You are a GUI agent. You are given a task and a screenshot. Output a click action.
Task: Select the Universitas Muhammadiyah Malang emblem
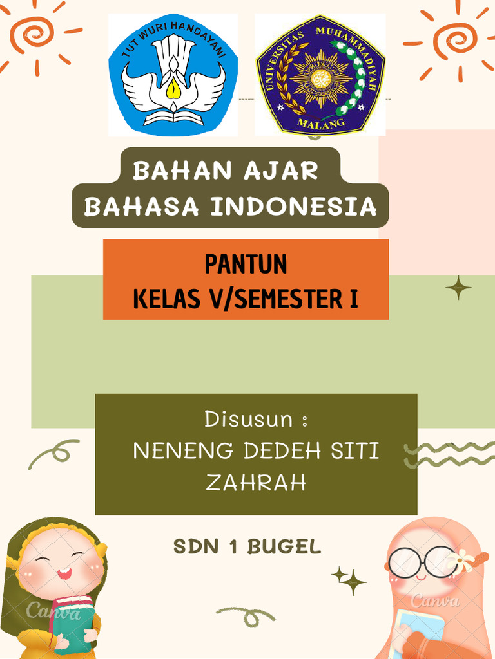coord(320,75)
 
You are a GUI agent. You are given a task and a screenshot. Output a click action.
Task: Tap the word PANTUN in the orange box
coord(246,265)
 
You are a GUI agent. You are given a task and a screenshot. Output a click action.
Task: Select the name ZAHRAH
coord(256,483)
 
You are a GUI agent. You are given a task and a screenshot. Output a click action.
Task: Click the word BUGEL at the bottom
coord(284,547)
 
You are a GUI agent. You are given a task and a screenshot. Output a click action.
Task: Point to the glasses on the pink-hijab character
coord(422,562)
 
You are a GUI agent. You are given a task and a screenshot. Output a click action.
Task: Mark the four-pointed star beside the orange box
coord(458,288)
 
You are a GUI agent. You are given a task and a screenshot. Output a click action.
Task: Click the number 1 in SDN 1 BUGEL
coord(234,547)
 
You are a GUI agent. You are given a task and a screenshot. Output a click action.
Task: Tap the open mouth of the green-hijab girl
coord(64,573)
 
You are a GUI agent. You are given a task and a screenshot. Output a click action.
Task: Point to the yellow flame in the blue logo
coord(173,89)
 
